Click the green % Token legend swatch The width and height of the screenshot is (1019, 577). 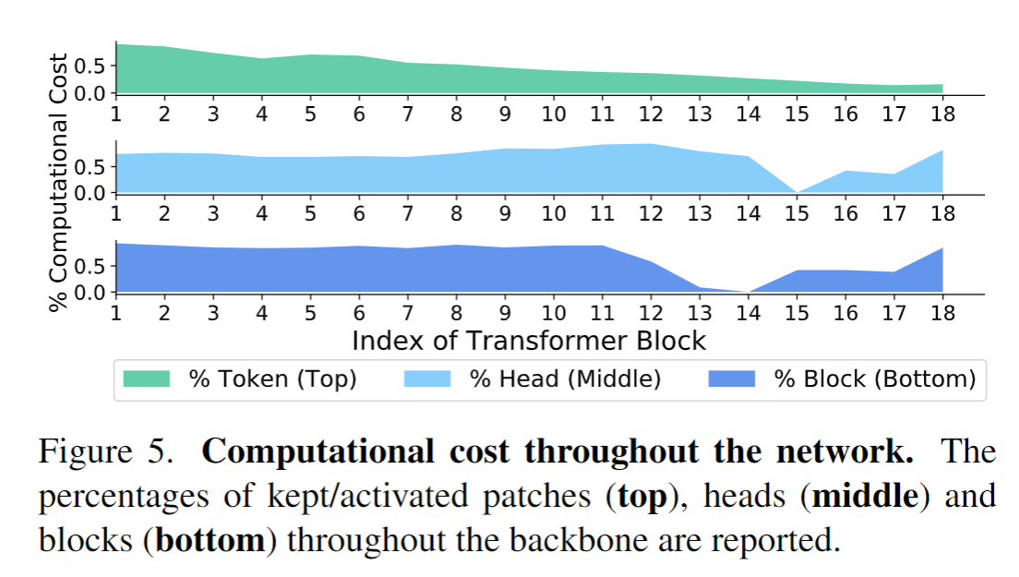click(146, 379)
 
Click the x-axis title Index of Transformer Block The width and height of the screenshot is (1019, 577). click(528, 340)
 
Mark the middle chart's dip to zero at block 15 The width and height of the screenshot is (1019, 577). click(797, 192)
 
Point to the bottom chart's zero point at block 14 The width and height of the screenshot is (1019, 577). click(748, 292)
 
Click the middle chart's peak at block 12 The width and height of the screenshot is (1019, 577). click(651, 144)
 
